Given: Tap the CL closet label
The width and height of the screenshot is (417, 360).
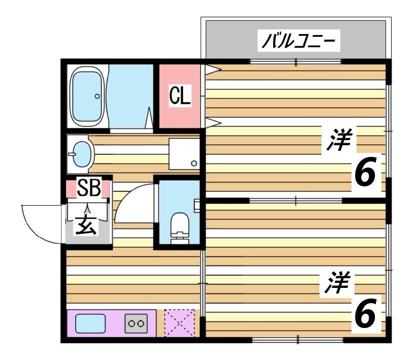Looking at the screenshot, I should click(x=180, y=95).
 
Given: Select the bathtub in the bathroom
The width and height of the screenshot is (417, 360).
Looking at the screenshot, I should click(x=87, y=96).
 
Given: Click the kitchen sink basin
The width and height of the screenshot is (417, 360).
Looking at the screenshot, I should click(x=90, y=322).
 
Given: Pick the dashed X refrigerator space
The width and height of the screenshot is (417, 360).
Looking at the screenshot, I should click(x=179, y=322).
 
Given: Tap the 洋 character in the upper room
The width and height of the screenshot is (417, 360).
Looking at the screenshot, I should click(x=339, y=140).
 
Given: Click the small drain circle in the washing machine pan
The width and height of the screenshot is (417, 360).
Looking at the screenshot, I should click(x=194, y=163).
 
